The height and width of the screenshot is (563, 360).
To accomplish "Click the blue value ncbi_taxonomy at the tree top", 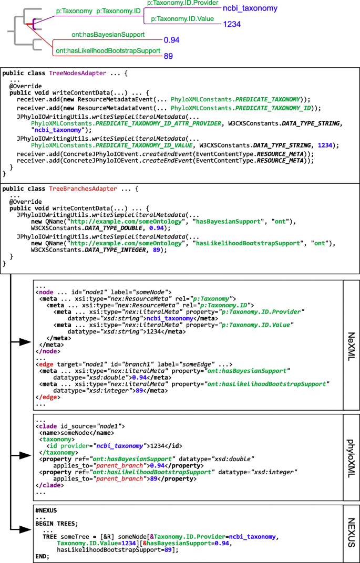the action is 250,8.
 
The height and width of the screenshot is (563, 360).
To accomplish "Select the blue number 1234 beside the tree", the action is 232,24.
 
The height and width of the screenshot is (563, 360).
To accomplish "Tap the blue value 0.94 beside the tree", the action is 171,40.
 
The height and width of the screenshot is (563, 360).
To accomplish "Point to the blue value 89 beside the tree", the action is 169,56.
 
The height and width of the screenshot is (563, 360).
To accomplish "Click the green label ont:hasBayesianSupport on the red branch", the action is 108,35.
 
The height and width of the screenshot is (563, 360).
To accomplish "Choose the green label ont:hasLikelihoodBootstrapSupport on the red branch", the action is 108,51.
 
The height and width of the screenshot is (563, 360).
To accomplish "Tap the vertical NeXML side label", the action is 352,345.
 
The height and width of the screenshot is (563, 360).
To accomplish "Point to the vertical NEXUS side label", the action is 352,533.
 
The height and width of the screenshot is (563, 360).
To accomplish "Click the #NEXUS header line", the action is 46,510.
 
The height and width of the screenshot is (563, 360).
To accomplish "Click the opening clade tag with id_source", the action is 80,426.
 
